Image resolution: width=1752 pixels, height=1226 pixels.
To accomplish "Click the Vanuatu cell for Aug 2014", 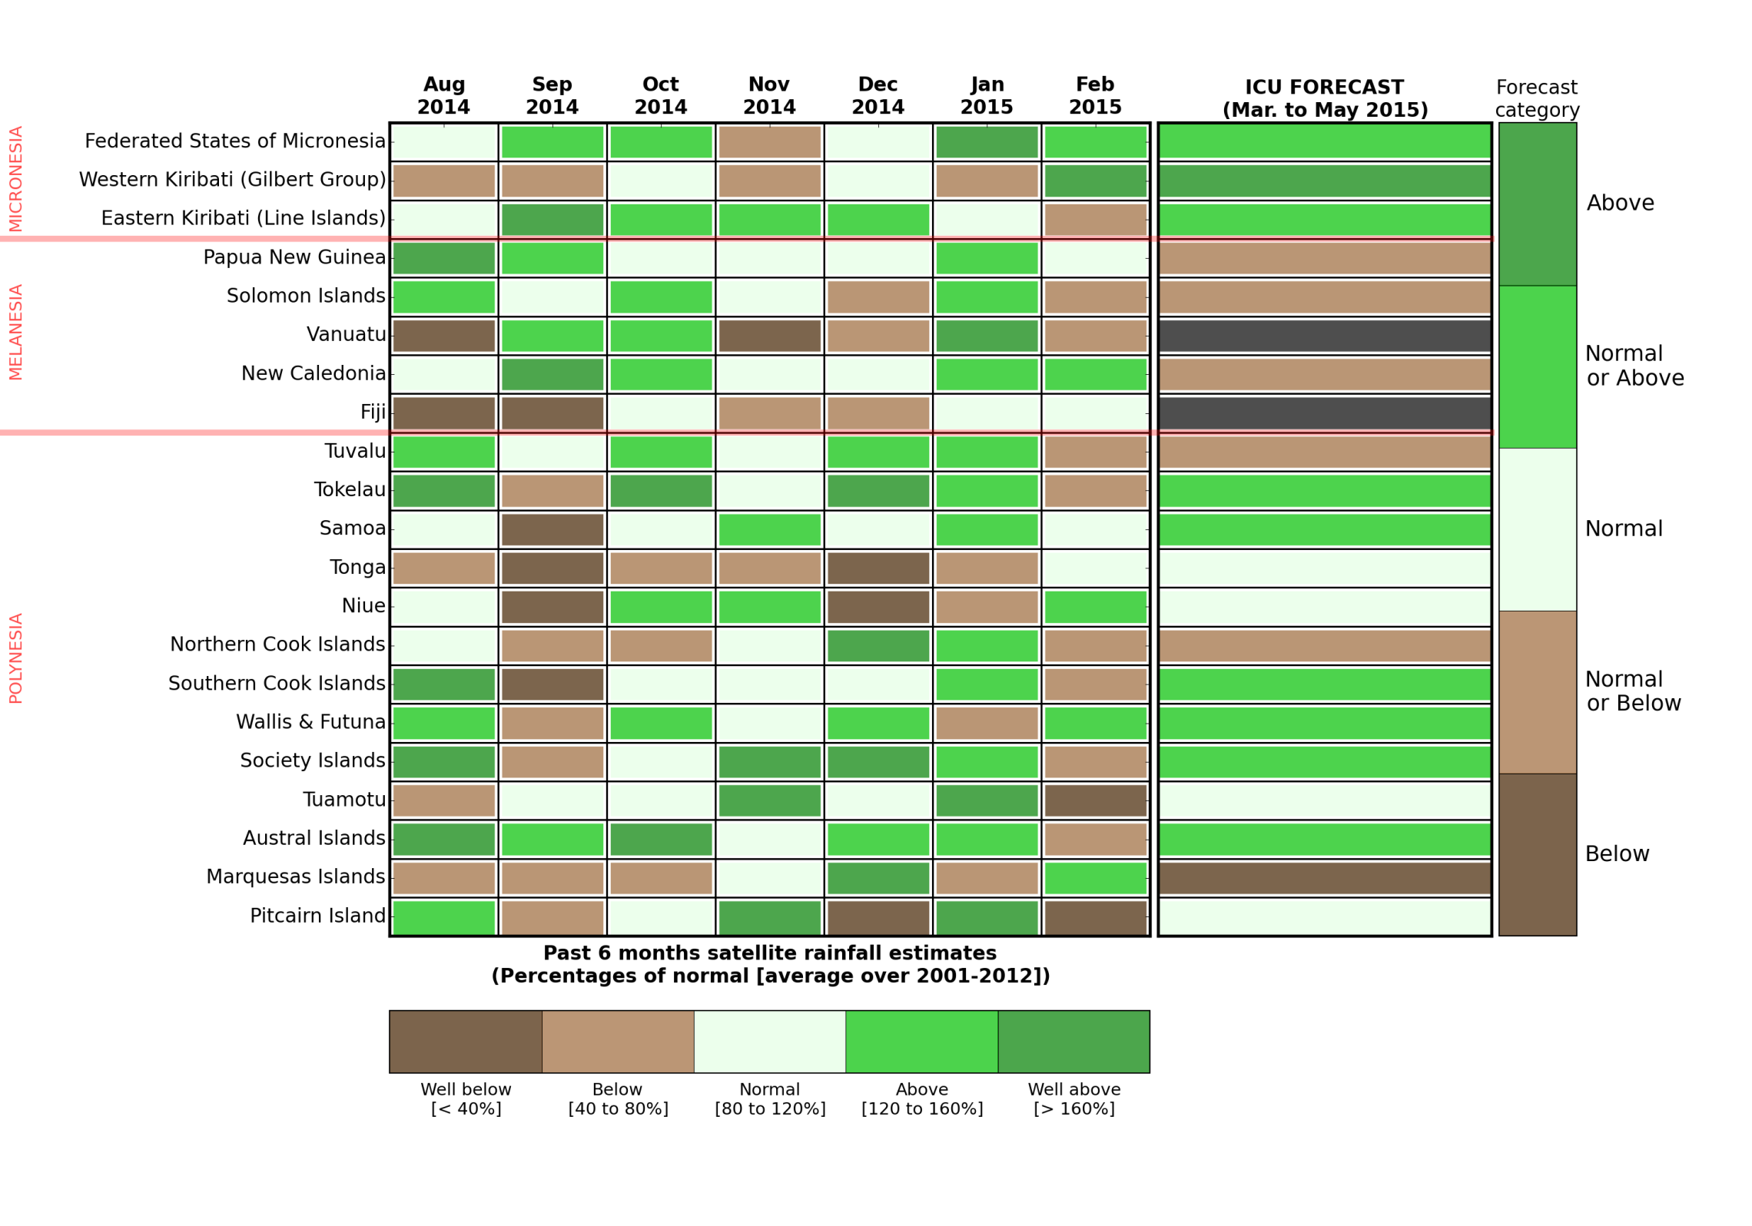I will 443,336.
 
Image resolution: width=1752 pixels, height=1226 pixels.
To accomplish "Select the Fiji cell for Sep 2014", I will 552,413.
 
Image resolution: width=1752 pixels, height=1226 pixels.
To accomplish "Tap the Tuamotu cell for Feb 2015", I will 1095,800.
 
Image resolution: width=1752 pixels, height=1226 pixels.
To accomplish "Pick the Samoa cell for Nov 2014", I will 769,529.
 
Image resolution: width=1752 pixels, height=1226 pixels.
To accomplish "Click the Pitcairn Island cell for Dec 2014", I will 878,917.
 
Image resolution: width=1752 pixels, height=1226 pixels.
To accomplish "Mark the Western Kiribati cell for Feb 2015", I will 1095,181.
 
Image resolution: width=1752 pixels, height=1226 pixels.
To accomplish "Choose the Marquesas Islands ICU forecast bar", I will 1324,878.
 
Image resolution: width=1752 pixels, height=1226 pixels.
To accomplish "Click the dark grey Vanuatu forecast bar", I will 1324,336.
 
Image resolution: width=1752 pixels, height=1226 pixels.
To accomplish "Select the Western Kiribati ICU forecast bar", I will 1324,181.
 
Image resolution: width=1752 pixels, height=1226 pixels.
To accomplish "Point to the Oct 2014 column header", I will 660,95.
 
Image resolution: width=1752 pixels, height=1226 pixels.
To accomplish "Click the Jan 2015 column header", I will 986,95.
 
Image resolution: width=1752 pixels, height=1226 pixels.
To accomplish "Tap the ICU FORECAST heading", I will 1324,98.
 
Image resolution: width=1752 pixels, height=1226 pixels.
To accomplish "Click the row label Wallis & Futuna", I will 310,722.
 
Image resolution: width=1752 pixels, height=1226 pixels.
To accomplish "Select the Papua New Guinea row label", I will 294,257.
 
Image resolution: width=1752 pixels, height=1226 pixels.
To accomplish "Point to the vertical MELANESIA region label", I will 15,332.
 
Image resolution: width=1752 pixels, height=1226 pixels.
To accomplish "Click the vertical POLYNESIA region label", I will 15,658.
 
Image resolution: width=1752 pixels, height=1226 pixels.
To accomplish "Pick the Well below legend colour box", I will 465,1042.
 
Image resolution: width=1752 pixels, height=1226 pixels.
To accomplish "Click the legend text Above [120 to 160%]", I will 921,1099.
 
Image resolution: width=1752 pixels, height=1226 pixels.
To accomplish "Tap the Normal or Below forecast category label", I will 1633,691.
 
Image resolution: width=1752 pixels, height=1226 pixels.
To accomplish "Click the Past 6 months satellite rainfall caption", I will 769,965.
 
